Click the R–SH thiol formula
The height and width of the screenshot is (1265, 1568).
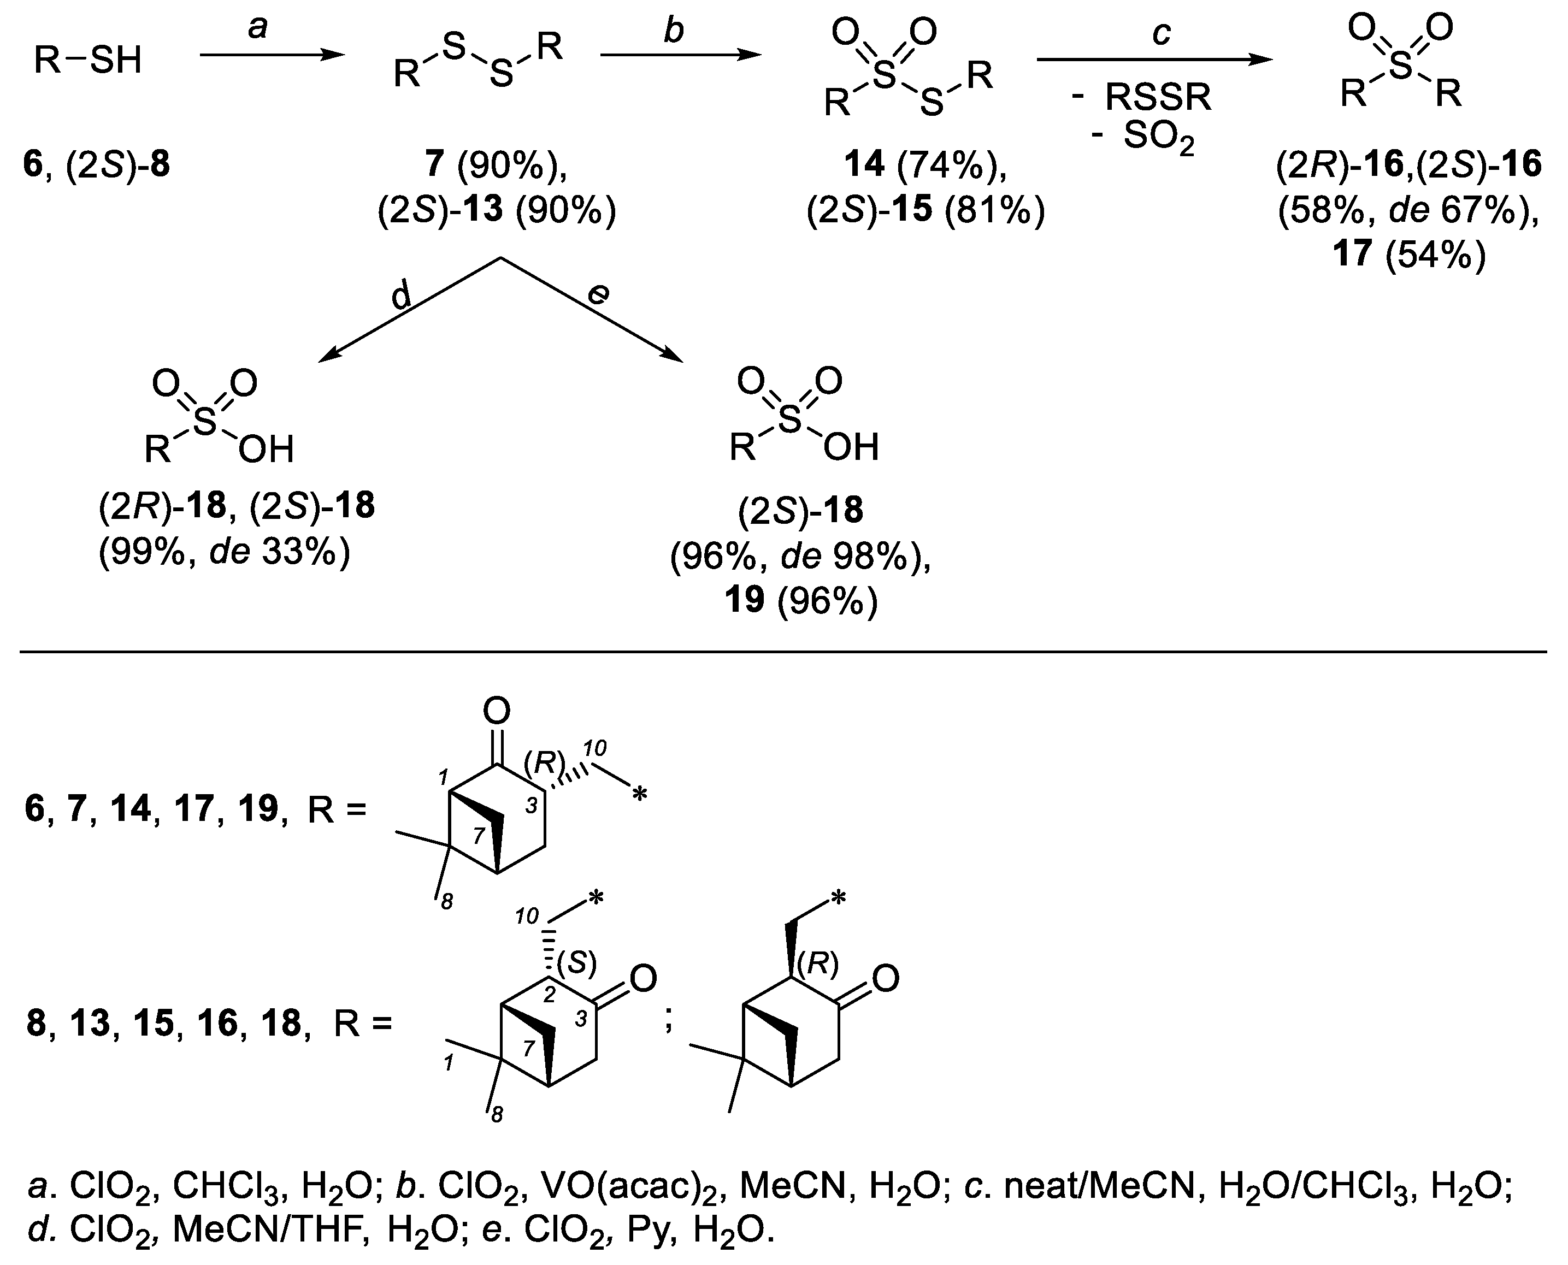click(x=87, y=60)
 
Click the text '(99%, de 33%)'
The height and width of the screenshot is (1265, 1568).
click(x=225, y=553)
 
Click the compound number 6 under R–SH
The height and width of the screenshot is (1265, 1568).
click(x=33, y=165)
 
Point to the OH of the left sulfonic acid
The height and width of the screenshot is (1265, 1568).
click(x=266, y=450)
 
